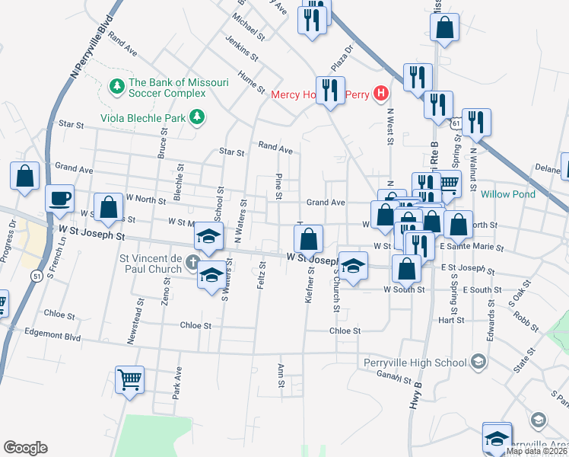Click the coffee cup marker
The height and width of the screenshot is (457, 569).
point(59,199)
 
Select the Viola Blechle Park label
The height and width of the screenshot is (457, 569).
point(145,118)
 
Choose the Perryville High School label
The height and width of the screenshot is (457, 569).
point(415,362)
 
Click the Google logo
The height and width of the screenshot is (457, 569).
point(25,448)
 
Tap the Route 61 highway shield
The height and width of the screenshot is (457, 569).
point(455,122)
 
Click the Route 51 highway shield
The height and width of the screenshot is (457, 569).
point(37,276)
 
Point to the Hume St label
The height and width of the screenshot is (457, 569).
point(251,81)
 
